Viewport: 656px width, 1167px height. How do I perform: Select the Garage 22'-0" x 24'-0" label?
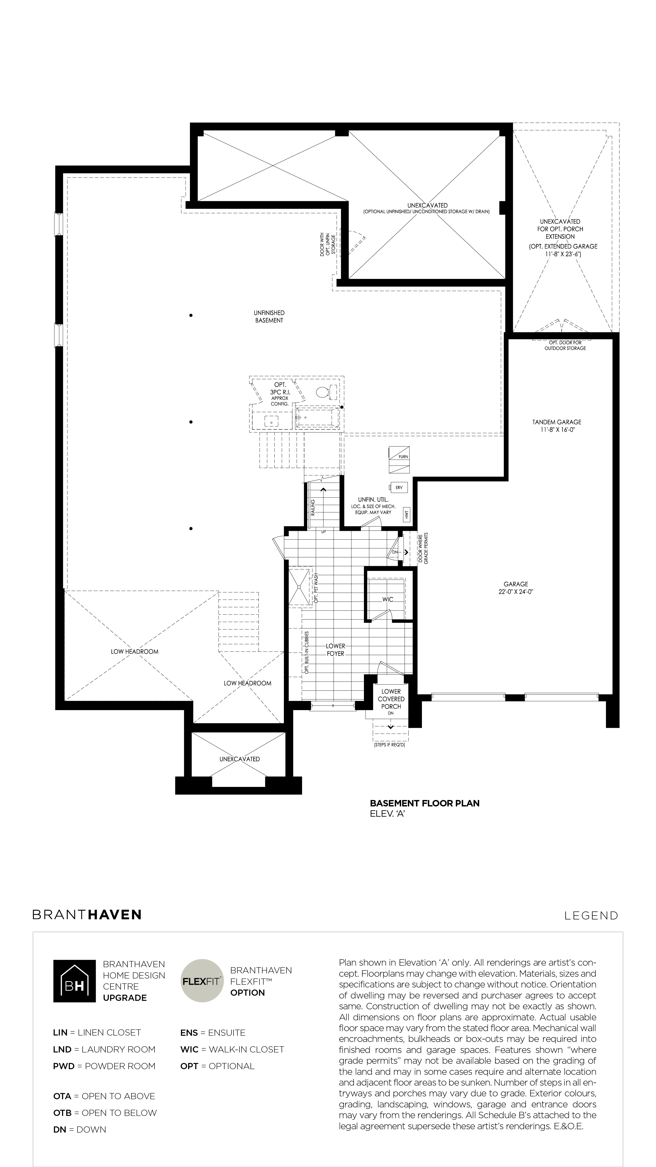[x=516, y=588]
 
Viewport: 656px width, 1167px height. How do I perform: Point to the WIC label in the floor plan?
[x=388, y=599]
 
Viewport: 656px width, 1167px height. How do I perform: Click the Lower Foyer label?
[x=335, y=650]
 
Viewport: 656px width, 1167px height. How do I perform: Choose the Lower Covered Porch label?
[x=391, y=699]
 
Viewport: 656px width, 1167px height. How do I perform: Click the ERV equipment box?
[x=399, y=487]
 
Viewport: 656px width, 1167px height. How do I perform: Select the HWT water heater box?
[x=407, y=514]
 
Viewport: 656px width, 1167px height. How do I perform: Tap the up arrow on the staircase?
[x=323, y=489]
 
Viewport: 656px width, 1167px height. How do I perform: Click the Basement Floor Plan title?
[x=425, y=803]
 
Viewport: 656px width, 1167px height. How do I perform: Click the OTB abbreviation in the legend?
[x=62, y=1113]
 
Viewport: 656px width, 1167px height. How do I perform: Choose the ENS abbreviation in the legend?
[x=189, y=1032]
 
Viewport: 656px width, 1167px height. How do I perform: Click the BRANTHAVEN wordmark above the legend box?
[x=87, y=915]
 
